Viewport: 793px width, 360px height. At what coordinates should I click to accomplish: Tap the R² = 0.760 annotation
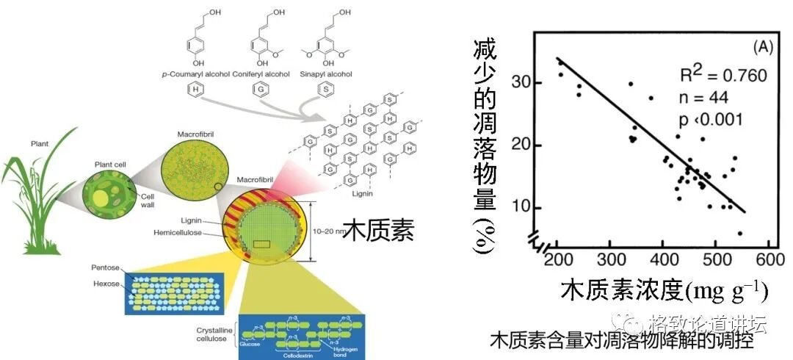[x=722, y=76]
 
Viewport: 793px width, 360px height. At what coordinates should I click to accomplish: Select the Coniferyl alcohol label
[x=261, y=74]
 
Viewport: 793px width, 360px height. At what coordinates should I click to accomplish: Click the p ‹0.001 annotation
[x=710, y=119]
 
